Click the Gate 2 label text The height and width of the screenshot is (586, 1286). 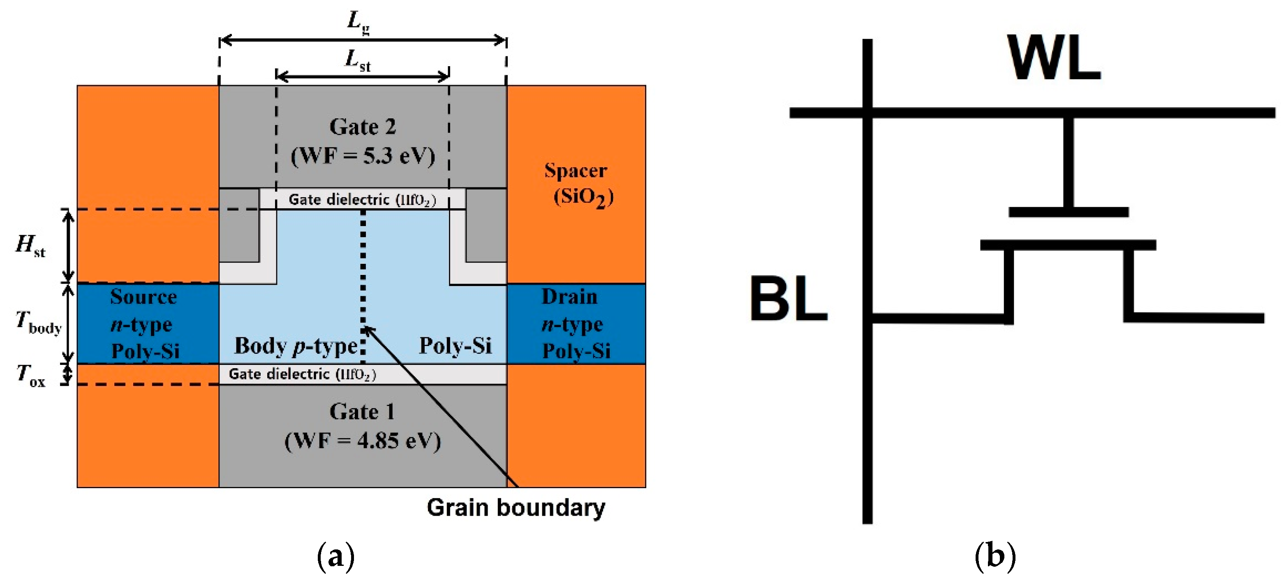pos(363,127)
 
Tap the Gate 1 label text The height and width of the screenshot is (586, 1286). pos(363,412)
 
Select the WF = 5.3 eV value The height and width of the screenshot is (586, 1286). pos(363,156)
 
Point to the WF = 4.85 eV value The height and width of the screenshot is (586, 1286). pos(363,441)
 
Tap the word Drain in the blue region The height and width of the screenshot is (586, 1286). pos(570,297)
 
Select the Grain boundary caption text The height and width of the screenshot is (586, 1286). pos(515,508)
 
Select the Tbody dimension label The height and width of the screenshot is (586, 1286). pos(38,322)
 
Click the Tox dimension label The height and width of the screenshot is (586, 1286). pos(30,375)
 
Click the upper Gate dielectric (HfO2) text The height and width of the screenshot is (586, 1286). pos(363,200)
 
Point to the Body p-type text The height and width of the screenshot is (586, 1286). pos(296,346)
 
